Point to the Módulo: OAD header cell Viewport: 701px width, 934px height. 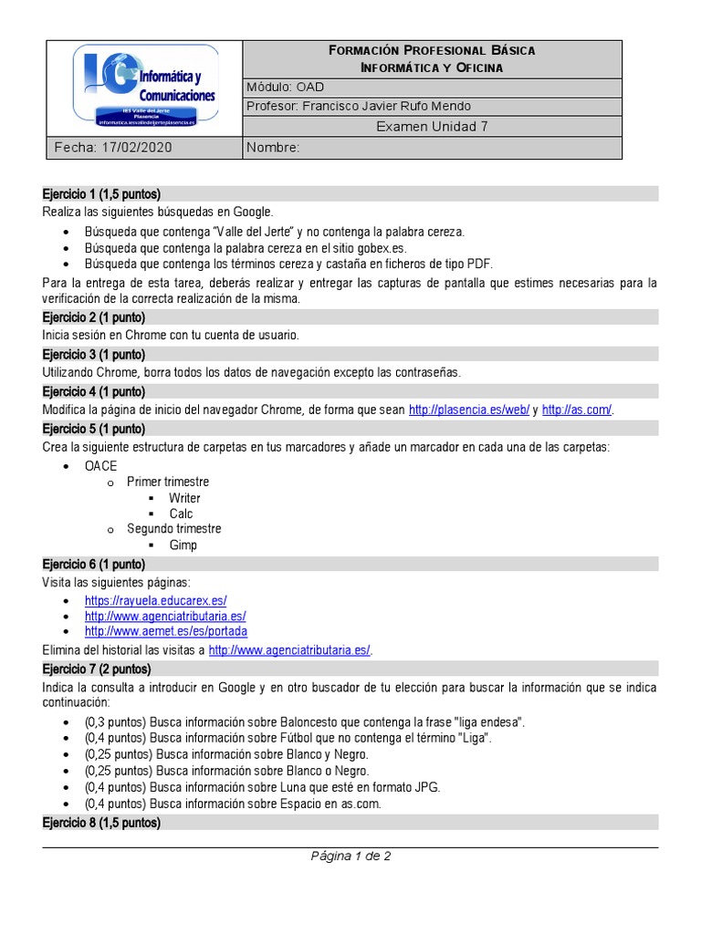point(285,87)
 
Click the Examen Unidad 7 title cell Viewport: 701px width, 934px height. point(432,127)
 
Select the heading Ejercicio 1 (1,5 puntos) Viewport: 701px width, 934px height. point(101,194)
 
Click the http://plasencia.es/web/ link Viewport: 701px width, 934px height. point(469,410)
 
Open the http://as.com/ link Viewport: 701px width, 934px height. point(577,410)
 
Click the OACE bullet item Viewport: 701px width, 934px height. point(100,466)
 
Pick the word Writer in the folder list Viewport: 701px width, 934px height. point(184,498)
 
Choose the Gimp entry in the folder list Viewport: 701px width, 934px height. point(183,545)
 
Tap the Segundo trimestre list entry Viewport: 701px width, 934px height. point(173,529)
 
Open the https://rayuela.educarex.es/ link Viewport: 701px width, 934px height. point(155,601)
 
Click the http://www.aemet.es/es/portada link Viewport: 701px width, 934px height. point(166,631)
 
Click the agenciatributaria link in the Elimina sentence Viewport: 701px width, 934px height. point(290,649)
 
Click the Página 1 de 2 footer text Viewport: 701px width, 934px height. point(350,856)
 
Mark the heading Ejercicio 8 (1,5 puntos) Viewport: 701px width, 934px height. point(101,823)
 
